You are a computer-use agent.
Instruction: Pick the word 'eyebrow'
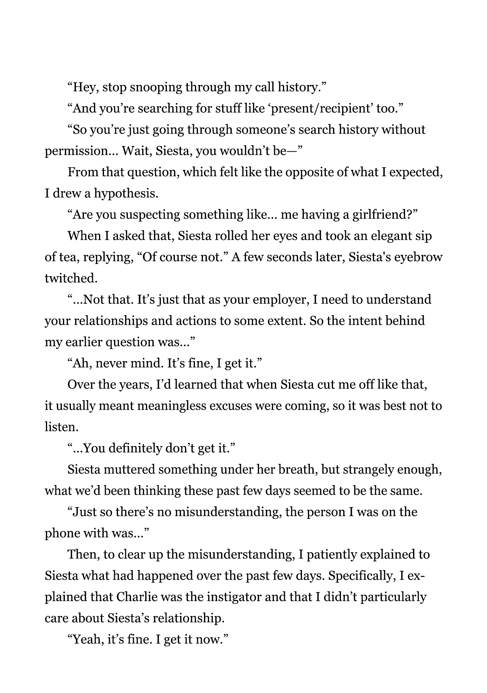421,258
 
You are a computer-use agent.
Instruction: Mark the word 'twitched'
71,279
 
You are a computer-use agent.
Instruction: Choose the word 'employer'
280,300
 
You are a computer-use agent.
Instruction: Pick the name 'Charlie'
137,597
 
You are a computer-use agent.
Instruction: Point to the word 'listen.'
61,427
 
